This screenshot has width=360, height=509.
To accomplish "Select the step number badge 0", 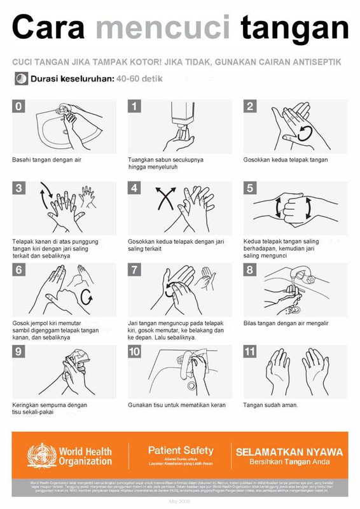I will [x=18, y=106].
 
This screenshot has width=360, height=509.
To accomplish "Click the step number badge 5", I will [x=250, y=188].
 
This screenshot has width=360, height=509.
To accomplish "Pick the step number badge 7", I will [x=134, y=270].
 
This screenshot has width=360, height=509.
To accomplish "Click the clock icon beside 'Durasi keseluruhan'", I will [x=21, y=80].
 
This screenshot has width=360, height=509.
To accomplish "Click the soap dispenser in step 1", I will [x=183, y=117].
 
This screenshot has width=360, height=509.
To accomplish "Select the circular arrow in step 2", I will [x=305, y=132].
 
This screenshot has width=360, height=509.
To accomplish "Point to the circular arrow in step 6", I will [x=88, y=296].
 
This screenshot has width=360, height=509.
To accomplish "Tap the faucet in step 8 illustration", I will [x=307, y=278].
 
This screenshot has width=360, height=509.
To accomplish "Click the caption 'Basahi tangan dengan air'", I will [x=46, y=160].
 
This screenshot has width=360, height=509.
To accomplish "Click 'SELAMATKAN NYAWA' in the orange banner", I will [x=289, y=452].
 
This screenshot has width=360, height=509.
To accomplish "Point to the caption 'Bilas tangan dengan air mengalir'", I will [x=286, y=323].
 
